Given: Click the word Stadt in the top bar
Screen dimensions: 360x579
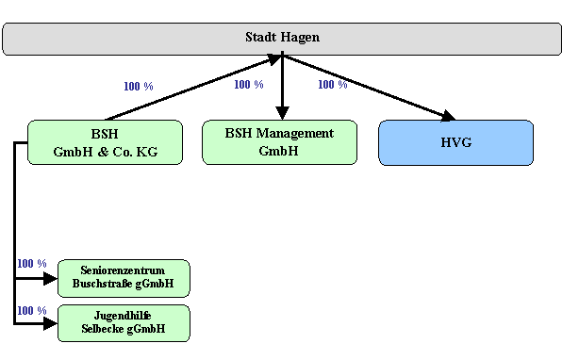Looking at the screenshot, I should (260, 38).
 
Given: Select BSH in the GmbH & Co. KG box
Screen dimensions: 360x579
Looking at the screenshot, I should (105, 134).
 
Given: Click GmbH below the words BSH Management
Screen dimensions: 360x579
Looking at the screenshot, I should (278, 150).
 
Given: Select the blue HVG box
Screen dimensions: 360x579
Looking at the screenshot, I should (455, 143).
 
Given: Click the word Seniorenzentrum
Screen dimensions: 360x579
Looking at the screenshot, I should (123, 270).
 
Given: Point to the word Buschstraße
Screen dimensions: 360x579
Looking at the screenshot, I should (105, 284).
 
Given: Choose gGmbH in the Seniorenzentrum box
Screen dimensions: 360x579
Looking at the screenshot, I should (156, 284).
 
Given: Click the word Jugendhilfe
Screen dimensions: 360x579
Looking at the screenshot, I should (123, 316).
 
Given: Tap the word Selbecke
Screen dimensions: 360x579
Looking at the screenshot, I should (104, 329).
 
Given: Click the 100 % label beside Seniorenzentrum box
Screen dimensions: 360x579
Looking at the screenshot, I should (31, 264).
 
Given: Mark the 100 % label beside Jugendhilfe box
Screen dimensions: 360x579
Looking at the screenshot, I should (31, 311).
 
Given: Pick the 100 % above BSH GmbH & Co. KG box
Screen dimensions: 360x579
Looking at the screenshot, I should (138, 87).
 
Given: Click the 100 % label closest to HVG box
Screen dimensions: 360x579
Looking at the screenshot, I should (332, 85).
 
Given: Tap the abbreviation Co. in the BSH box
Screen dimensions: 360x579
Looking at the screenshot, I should (125, 151).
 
